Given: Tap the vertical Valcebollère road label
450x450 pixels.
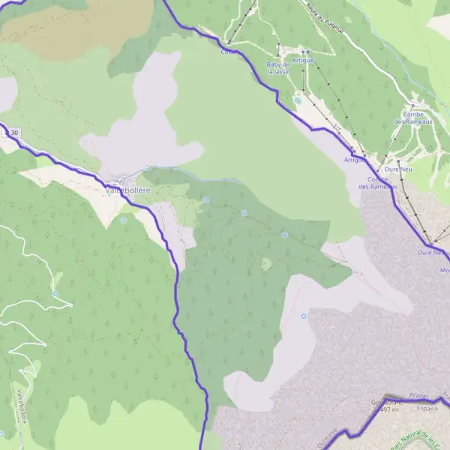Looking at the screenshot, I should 20,405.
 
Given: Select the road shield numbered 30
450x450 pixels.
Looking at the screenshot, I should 12,133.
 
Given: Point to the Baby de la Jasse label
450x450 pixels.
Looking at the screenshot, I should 277,68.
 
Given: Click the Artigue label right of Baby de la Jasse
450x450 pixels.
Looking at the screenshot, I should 303,60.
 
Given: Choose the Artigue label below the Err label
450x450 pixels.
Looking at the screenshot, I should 354,160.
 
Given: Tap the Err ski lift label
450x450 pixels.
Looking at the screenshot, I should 337,127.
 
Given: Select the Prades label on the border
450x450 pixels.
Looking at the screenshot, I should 423,395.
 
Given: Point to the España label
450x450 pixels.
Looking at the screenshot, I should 427,409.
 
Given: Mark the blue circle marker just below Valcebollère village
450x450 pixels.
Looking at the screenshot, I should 124,220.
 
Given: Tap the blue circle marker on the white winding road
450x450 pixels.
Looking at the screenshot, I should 55,293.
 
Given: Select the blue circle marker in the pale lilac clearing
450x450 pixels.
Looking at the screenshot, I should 304,316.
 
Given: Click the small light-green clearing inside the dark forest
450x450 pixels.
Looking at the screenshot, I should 266,264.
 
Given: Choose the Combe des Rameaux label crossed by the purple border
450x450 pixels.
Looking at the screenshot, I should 382,182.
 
